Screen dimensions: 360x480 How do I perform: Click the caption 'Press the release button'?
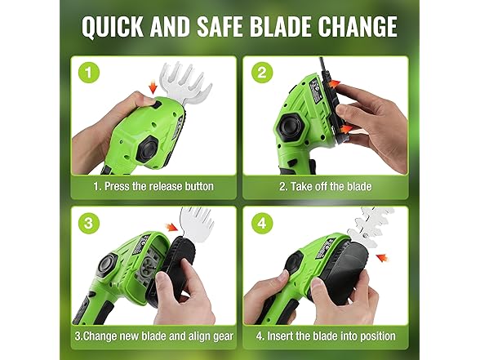[154, 186]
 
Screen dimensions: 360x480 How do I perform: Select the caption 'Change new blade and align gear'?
[154, 336]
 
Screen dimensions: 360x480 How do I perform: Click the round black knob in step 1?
[149, 149]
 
